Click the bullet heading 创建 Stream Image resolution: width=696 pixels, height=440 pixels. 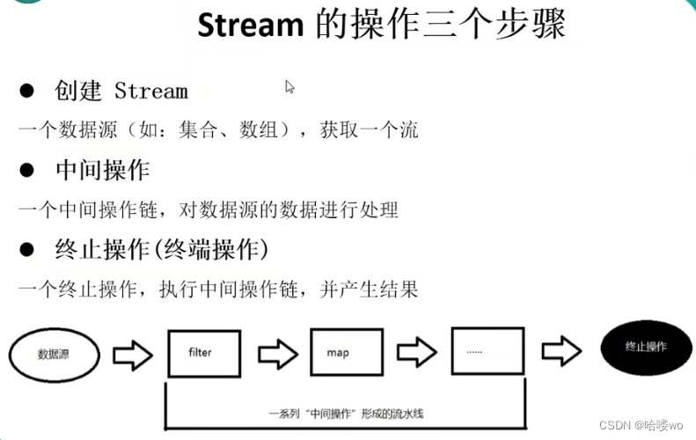[121, 91]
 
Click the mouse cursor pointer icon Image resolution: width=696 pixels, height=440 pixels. [289, 87]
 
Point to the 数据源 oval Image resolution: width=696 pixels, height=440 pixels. [54, 356]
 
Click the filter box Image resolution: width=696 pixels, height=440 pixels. [204, 353]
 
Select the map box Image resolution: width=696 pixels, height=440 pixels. [346, 353]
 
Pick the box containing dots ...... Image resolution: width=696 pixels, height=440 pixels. [486, 353]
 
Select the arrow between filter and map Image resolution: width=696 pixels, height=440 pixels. [275, 354]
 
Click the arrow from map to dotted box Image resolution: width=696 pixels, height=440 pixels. [416, 354]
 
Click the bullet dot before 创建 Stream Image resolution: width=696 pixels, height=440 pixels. [26, 91]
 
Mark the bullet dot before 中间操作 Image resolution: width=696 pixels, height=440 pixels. [26, 169]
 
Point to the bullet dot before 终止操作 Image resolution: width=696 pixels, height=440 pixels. [26, 250]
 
